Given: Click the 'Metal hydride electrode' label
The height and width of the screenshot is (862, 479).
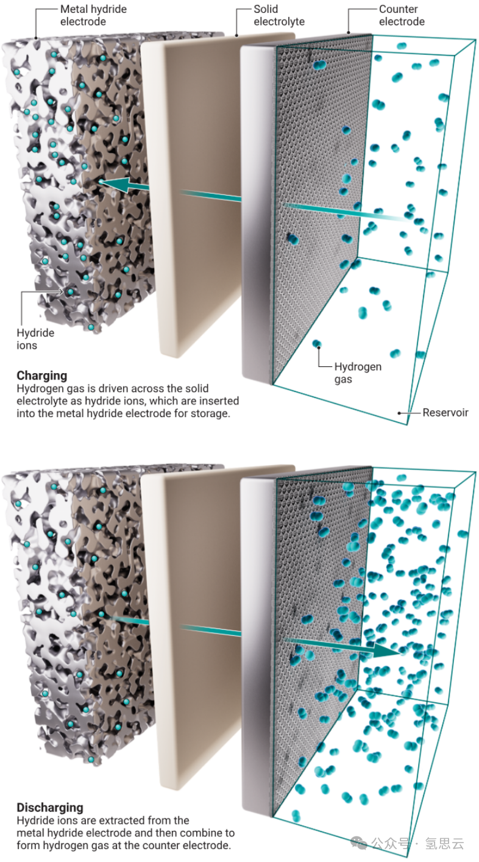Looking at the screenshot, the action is point(93,15).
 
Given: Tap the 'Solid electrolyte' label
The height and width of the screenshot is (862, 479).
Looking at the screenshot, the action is point(279,15).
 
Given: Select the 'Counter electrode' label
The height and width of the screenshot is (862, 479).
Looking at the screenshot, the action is point(402,15).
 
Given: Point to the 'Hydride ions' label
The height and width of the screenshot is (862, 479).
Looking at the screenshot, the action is point(35,339).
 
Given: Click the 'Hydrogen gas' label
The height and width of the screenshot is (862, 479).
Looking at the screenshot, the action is point(358,372).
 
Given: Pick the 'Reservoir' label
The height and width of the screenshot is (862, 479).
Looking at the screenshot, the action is point(445,413).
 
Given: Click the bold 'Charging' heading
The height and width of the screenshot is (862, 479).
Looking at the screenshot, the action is point(42,375).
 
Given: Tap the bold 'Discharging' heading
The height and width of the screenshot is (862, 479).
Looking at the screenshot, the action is point(50,807).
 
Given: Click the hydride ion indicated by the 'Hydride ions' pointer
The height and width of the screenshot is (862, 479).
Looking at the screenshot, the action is point(71,292).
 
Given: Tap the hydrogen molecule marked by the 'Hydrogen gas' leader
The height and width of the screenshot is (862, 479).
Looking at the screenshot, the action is point(317,343).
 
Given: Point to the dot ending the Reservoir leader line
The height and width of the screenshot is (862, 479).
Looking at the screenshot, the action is point(399,413).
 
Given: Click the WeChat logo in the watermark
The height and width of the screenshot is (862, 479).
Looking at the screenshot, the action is point(359,844).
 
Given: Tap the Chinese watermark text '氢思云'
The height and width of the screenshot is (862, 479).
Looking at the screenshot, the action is point(444,844).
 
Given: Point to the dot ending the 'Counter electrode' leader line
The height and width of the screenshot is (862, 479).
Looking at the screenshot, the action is point(349,33).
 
